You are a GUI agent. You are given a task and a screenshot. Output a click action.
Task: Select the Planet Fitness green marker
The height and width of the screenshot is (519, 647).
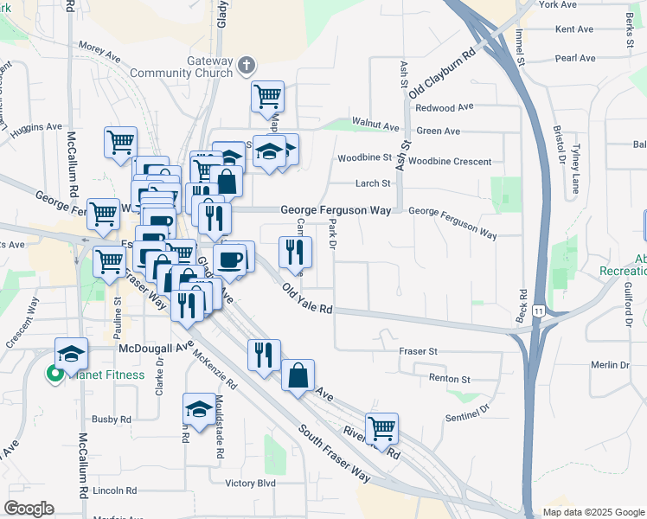(54, 375)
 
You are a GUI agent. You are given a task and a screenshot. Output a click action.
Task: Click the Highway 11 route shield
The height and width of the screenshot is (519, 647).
(540, 310)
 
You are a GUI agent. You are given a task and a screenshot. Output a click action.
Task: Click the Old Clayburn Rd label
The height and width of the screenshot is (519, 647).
(443, 74)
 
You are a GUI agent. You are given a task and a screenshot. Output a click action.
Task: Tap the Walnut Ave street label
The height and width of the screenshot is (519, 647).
(375, 125)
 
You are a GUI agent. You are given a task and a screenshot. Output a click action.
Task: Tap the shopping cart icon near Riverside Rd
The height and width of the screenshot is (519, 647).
(381, 427)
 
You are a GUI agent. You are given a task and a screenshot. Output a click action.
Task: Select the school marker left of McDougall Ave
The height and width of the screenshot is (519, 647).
(72, 352)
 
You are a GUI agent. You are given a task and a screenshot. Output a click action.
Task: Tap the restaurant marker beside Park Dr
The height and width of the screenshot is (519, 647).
(295, 252)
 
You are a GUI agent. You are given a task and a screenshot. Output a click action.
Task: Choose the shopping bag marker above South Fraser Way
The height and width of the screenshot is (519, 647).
(298, 375)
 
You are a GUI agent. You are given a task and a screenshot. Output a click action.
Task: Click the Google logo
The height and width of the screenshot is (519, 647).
(29, 509)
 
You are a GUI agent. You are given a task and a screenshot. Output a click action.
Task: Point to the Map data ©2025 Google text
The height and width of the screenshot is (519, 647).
(593, 512)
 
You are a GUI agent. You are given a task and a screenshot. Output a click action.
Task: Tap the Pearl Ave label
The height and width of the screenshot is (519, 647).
(576, 59)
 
